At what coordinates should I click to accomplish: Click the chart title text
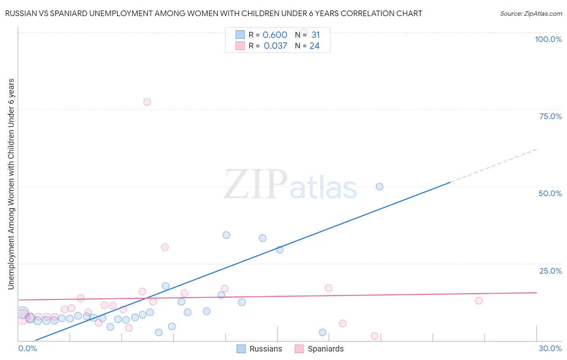point(213,13)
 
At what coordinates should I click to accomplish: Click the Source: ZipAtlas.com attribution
point(531,13)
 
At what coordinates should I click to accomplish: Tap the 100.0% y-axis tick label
point(548,39)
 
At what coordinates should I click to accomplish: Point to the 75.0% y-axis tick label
point(550,116)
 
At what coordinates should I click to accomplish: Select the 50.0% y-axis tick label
point(550,193)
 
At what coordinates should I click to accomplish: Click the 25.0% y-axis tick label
point(550,271)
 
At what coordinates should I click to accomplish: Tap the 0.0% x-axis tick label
point(27,348)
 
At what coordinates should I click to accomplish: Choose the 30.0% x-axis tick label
point(550,348)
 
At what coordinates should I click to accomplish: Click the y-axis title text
point(11,184)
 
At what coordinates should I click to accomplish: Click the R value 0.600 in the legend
point(275,35)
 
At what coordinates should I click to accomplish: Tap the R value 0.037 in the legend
point(275,46)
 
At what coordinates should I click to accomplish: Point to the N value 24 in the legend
point(314,46)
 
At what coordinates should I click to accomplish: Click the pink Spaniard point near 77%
point(147,102)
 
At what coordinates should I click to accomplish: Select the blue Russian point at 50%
point(379,186)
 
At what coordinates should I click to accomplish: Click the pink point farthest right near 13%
point(479,300)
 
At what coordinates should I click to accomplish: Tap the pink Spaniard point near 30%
point(165,247)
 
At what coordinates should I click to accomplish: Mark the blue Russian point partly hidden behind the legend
point(304,32)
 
